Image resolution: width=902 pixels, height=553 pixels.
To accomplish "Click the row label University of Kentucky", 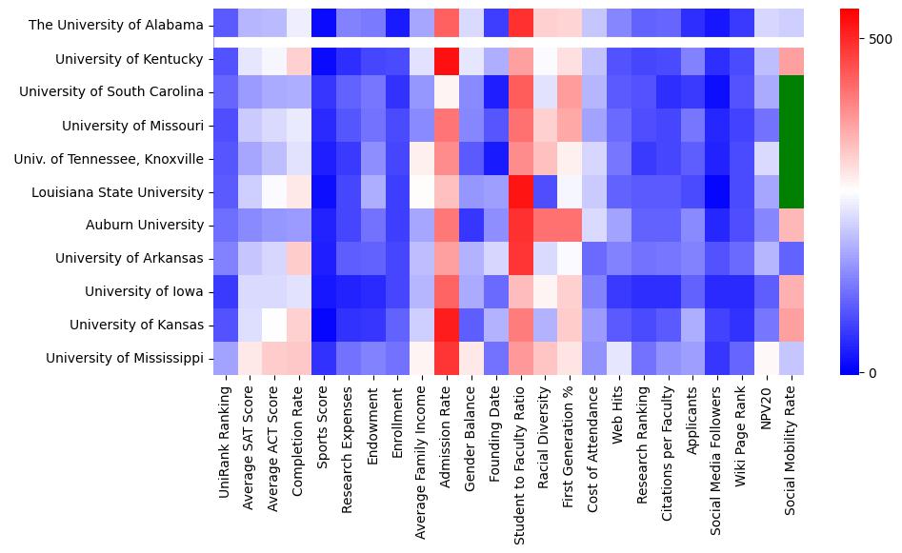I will (129, 59).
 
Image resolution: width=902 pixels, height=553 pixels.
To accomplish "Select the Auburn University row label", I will (142, 225).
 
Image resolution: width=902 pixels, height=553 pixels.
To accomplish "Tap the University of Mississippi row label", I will (124, 358).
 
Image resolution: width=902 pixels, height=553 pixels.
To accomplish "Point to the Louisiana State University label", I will (117, 191).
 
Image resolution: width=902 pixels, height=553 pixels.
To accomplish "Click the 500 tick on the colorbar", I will (881, 38).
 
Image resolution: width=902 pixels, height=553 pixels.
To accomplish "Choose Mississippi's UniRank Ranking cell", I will (225, 358).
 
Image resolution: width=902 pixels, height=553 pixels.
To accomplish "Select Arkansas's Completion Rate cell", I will (298, 258).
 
